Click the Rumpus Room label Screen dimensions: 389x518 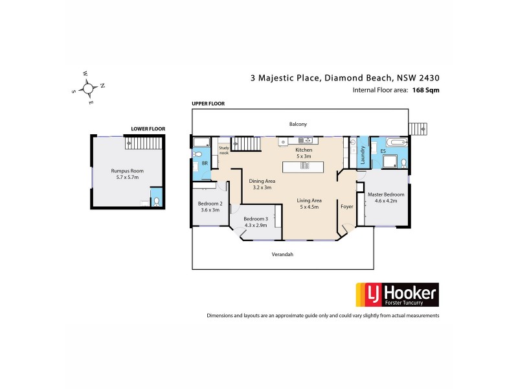point(127,171)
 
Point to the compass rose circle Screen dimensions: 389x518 point(88,88)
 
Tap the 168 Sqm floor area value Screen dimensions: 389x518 point(426,90)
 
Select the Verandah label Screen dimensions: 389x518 point(282,254)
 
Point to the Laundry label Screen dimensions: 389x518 point(362,154)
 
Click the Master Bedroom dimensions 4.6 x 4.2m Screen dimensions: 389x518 point(386,201)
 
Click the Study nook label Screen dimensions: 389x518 point(224,150)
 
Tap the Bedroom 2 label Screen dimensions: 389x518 point(210,204)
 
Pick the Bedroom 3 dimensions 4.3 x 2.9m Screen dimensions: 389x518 point(256,226)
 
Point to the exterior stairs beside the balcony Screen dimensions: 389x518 point(418,130)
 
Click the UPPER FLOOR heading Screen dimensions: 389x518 point(208,104)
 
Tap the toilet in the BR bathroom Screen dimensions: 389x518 point(198,154)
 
